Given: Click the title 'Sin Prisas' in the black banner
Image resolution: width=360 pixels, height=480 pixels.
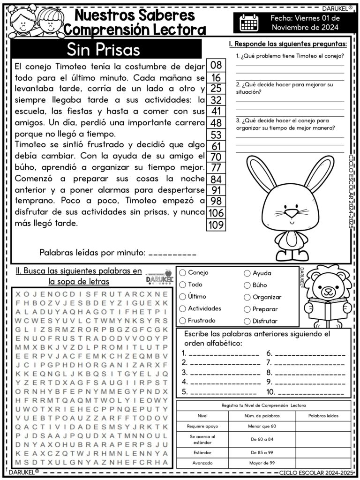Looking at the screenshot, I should (103, 49).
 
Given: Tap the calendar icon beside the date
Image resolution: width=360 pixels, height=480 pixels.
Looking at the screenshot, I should (249, 22).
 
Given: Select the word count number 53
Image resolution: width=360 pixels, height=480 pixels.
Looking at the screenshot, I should (216, 135).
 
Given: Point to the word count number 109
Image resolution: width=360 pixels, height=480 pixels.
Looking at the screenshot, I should (216, 225).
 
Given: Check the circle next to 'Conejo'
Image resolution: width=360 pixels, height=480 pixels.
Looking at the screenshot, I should (182, 272).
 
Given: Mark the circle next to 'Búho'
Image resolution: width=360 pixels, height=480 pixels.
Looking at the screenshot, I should (247, 285).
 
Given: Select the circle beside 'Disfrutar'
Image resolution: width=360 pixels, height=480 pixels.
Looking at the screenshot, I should (247, 321).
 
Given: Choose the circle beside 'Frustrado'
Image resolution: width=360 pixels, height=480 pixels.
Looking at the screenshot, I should (182, 321).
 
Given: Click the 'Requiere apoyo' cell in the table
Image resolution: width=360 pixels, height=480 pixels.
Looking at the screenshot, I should (202, 427).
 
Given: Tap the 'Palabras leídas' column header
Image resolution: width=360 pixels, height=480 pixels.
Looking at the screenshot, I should (323, 416).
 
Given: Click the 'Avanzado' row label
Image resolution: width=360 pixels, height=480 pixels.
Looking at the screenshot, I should (202, 463).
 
